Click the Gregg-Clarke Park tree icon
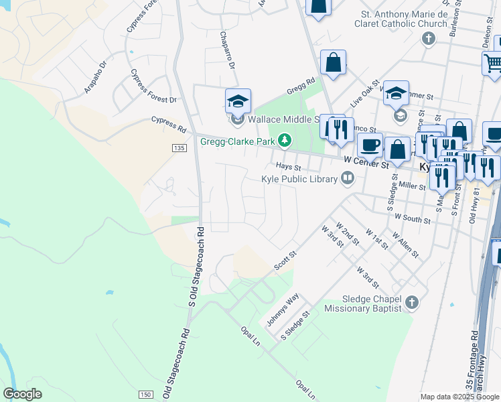click(x=285, y=140)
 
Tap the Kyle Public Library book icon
click(x=347, y=178)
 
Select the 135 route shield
click(x=178, y=148)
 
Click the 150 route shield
click(x=146, y=395)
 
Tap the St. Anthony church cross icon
click(x=428, y=38)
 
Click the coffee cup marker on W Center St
click(x=369, y=144)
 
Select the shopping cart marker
click(x=493, y=64)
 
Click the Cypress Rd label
click(x=168, y=123)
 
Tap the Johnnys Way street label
click(x=283, y=310)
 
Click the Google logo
click(x=22, y=393)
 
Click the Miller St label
click(x=412, y=184)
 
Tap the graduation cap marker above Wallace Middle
click(x=238, y=101)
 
